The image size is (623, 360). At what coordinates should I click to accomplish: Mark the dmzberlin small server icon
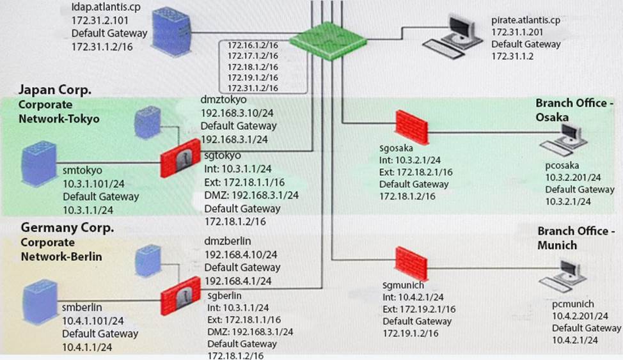point(146,261)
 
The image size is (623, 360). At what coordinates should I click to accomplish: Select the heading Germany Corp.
point(67,228)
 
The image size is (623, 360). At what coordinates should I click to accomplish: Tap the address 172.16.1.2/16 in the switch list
point(253,45)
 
